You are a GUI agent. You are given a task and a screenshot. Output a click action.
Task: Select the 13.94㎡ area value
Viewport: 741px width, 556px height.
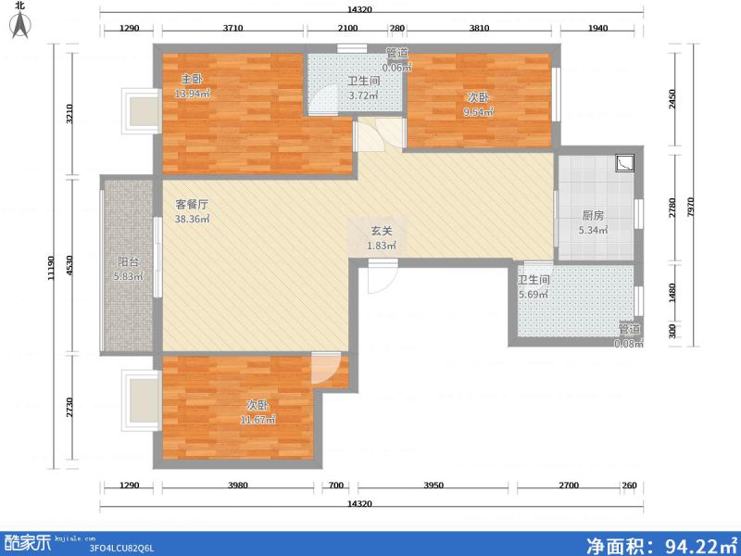point(194,94)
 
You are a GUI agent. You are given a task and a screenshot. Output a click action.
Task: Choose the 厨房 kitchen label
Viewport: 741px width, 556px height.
point(592,215)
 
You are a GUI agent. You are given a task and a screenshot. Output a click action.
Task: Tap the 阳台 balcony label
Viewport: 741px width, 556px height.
point(128,261)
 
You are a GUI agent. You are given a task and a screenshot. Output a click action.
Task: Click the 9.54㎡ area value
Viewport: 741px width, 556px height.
point(478,111)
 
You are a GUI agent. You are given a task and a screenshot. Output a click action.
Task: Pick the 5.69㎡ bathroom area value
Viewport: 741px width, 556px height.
point(534,295)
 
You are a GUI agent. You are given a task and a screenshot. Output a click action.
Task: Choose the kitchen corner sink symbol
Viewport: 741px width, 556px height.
point(625,163)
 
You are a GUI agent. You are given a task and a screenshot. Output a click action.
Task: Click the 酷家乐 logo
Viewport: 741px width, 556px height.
point(28,542)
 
